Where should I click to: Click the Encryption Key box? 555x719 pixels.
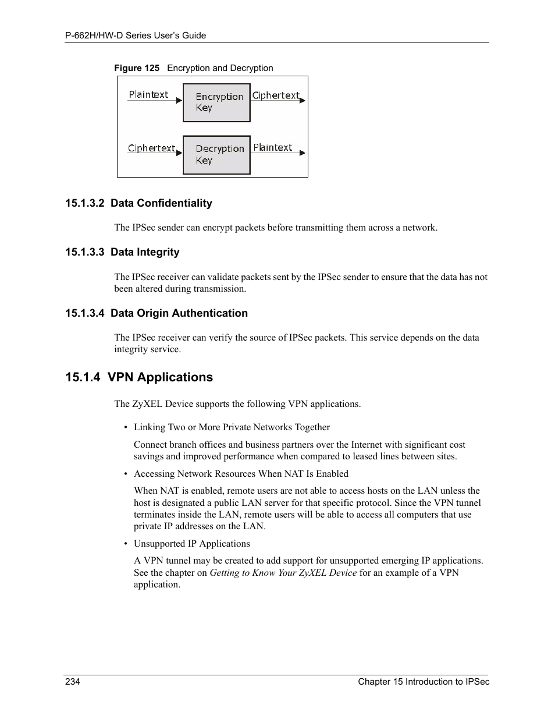[x=216, y=102]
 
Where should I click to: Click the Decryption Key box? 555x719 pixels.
[x=216, y=155]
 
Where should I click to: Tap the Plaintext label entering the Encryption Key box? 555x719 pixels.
[x=148, y=94]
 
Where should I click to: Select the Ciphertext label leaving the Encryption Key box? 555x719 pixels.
[x=276, y=95]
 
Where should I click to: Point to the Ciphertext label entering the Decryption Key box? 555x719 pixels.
[x=151, y=148]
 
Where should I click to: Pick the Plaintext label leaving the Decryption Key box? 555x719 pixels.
[x=273, y=147]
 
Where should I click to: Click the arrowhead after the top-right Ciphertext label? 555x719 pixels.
[x=302, y=101]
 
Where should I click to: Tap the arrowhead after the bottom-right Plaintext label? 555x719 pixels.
[x=302, y=153]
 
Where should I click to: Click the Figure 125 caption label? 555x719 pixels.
[x=137, y=68]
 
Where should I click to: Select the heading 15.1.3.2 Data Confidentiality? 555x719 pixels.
[x=138, y=203]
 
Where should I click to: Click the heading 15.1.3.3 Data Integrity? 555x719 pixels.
[x=122, y=252]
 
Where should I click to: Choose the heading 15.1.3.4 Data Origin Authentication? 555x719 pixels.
[x=156, y=313]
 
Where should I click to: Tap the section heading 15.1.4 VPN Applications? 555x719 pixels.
[x=139, y=377]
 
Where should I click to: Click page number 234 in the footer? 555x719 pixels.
[x=73, y=682]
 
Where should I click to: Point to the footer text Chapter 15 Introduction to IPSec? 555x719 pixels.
[x=424, y=682]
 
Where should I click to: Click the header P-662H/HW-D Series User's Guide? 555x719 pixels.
[x=136, y=36]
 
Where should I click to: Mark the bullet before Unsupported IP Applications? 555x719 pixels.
[x=126, y=544]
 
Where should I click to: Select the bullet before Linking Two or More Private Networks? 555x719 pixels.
[x=126, y=428]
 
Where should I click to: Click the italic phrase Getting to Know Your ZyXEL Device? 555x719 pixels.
[x=283, y=573]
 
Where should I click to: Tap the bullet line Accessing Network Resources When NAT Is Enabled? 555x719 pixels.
[x=241, y=474]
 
